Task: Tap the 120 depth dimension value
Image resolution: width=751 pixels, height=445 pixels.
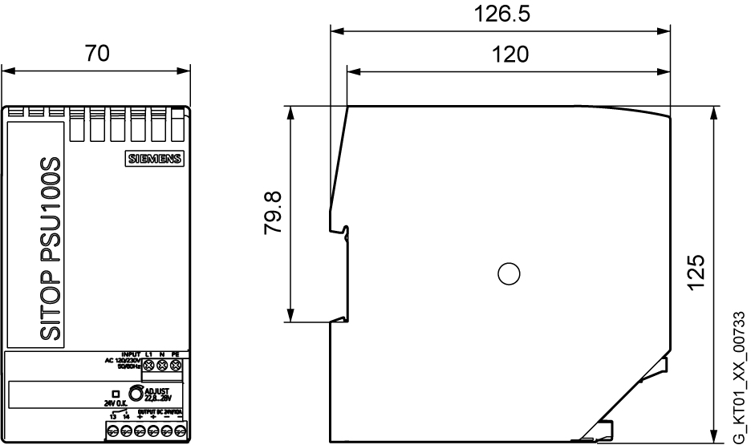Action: [x=510, y=55]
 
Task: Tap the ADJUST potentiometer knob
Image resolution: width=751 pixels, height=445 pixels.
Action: [x=136, y=393]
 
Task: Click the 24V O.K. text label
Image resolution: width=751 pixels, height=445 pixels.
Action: [x=115, y=404]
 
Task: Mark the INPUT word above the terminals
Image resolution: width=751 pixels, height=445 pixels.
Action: [x=130, y=353]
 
